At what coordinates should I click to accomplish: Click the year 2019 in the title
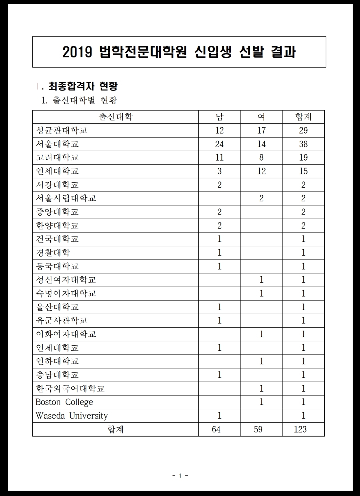(77, 52)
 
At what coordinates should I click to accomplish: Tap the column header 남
(219, 117)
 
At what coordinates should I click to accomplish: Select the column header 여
(261, 117)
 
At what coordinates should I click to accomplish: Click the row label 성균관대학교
(62, 130)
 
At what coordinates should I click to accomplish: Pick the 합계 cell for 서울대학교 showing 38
(303, 144)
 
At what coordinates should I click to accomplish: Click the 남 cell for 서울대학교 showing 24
(219, 144)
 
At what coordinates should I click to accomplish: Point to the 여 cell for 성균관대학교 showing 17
(261, 130)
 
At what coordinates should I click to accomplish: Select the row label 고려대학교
(57, 157)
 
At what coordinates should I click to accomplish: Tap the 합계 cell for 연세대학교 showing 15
(303, 171)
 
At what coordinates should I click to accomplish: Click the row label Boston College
(64, 402)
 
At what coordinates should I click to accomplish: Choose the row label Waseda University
(71, 416)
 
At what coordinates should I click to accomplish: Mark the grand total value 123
(300, 429)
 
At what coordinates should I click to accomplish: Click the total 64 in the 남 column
(216, 429)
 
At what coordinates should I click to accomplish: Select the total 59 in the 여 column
(258, 429)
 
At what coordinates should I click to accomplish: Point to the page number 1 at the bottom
(180, 475)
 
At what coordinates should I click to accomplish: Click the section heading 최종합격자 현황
(83, 87)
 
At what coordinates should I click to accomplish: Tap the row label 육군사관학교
(62, 320)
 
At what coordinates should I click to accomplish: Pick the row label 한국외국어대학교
(70, 388)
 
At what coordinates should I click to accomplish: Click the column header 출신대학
(116, 117)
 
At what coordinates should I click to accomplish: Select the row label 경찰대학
(53, 253)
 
